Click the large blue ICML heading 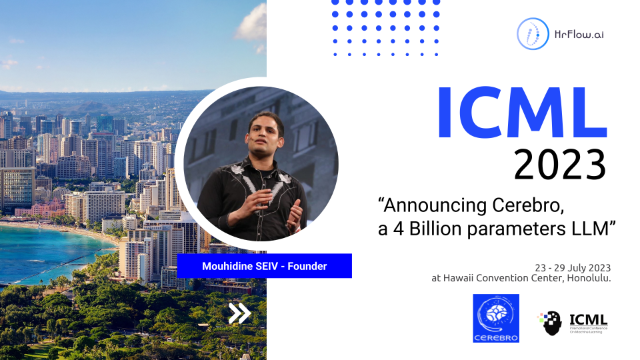tap(521, 115)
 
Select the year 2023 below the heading tap(559, 163)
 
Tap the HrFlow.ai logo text tap(578, 33)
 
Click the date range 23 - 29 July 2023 tap(573, 267)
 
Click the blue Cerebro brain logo tap(495, 318)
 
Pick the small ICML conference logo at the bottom tap(573, 323)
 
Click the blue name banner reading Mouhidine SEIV tap(264, 266)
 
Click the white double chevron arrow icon tap(239, 313)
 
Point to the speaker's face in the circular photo tap(261, 133)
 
